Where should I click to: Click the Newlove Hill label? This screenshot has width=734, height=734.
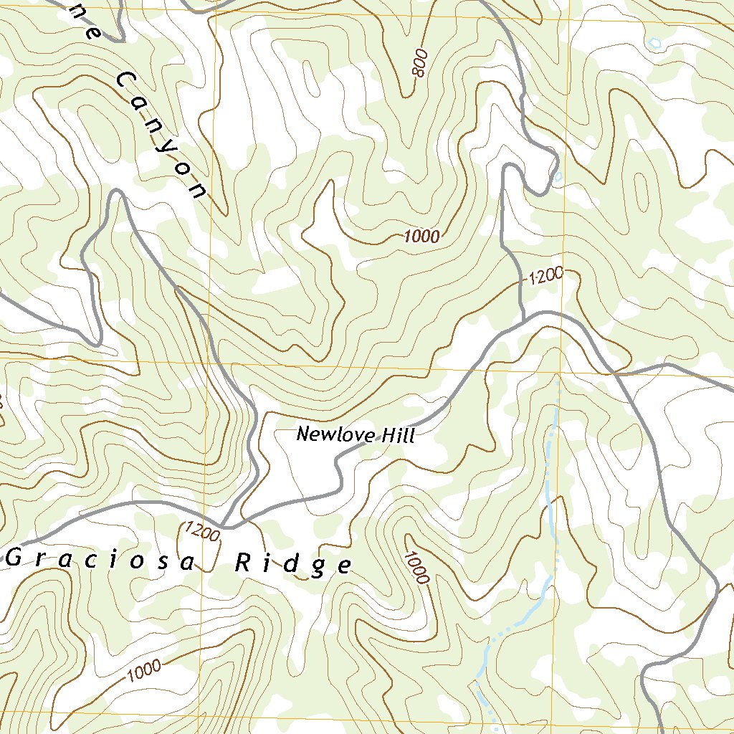tap(356, 434)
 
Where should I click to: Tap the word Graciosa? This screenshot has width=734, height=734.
tap(100, 560)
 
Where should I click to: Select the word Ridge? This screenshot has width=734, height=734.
tap(294, 565)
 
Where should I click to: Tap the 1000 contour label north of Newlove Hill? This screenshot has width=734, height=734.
tap(421, 237)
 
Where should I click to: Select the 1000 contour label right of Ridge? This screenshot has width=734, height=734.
tap(416, 566)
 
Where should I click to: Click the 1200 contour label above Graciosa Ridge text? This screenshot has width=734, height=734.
tap(201, 531)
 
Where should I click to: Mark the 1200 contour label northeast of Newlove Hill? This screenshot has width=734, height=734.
tap(546, 276)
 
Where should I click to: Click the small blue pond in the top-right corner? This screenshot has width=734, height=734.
tap(654, 43)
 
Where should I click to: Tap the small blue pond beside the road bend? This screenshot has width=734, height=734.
tap(557, 176)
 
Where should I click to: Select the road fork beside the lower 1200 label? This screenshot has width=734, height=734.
tap(225, 527)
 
